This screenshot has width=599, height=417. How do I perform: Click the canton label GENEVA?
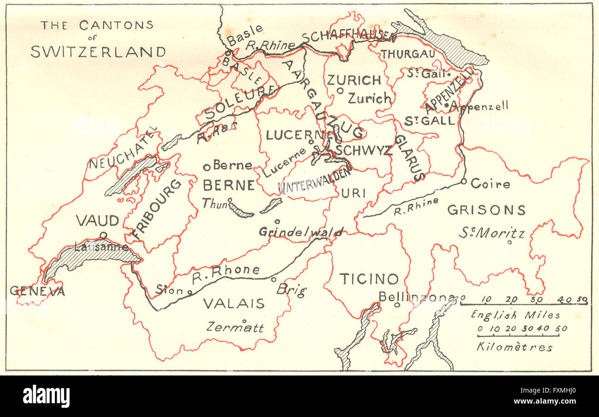(37, 291)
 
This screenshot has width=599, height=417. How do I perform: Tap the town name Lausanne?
(101, 247)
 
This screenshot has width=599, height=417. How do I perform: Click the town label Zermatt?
(235, 328)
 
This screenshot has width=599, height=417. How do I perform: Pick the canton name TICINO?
(369, 279)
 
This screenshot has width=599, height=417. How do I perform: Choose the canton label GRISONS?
(486, 210)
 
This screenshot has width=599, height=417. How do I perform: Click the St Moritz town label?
(491, 233)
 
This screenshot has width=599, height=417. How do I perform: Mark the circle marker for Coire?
(464, 181)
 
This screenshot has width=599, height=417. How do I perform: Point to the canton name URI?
(353, 194)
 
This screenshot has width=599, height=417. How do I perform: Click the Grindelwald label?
(301, 232)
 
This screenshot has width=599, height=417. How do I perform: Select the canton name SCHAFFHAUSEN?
(348, 37)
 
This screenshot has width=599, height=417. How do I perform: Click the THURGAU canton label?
(407, 54)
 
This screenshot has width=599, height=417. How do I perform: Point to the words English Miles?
(515, 316)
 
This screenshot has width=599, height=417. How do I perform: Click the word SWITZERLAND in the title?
(98, 52)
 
